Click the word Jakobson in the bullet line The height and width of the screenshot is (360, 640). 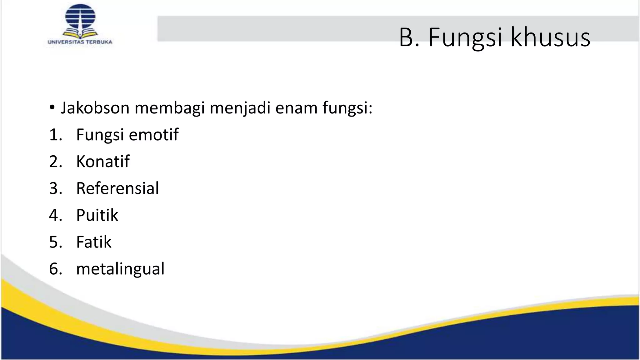[95, 108]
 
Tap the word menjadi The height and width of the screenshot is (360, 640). [240, 108]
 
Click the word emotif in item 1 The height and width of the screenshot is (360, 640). [153, 135]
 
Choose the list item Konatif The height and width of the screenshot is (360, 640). [103, 162]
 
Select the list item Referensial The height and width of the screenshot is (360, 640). [117, 188]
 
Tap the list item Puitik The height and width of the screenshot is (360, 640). [97, 215]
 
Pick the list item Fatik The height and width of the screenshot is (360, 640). [94, 242]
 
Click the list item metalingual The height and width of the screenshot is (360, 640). [120, 269]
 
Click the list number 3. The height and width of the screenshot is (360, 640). [55, 188]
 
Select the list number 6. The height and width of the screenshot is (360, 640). [55, 269]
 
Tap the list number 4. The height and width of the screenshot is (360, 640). [55, 215]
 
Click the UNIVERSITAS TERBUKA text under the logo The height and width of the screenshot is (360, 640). [80, 42]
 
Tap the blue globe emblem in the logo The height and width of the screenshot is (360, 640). [80, 17]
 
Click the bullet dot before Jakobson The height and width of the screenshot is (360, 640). [52, 108]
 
